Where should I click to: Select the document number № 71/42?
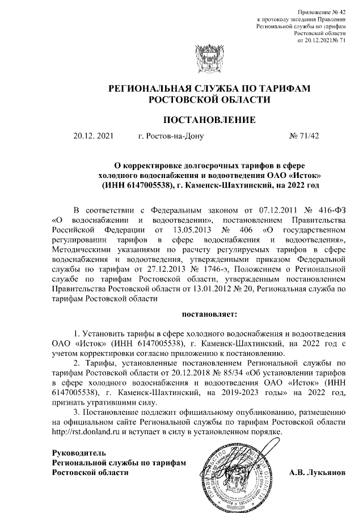click(x=304, y=137)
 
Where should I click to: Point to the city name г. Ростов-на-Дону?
click(x=170, y=137)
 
